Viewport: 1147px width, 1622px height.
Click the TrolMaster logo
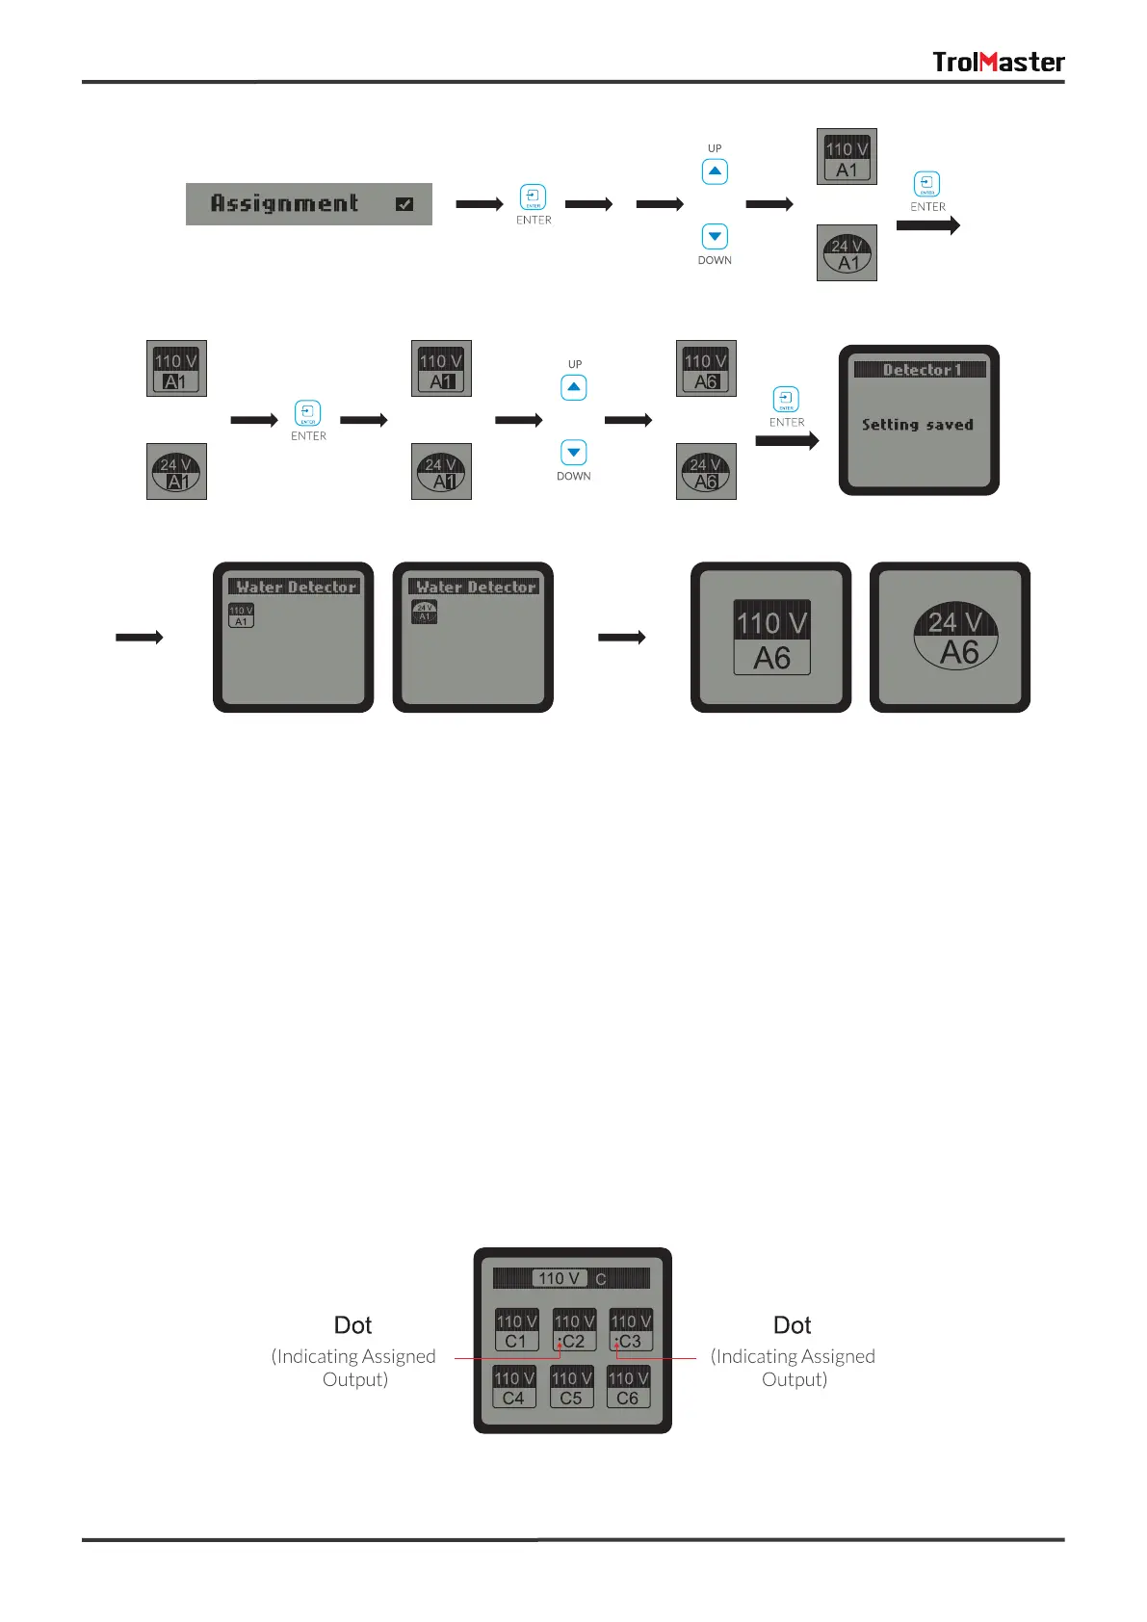(998, 62)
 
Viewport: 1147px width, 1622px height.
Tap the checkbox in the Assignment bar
(404, 204)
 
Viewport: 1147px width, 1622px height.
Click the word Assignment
(284, 203)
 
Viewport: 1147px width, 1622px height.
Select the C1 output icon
(516, 1330)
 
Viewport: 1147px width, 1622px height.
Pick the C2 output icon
(574, 1330)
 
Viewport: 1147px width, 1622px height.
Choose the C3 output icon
(631, 1330)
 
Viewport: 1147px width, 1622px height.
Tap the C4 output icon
(514, 1387)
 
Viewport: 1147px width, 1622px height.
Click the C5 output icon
(571, 1387)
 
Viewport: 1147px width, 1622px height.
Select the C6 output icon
(628, 1387)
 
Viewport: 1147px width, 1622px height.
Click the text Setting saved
(917, 425)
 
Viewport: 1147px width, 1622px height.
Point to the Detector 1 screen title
(920, 370)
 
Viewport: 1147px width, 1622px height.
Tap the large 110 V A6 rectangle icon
(771, 638)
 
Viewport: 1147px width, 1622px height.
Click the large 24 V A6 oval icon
(955, 637)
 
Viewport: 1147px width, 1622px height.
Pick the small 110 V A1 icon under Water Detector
(241, 615)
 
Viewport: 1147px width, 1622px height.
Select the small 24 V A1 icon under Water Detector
(424, 612)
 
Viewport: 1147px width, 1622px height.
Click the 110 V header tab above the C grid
(559, 1278)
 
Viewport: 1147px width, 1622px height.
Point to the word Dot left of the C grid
(352, 1325)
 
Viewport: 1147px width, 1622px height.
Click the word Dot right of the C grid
(792, 1325)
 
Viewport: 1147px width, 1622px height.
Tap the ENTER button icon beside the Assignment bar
(533, 196)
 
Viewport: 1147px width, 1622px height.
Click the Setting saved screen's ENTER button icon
(786, 399)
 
